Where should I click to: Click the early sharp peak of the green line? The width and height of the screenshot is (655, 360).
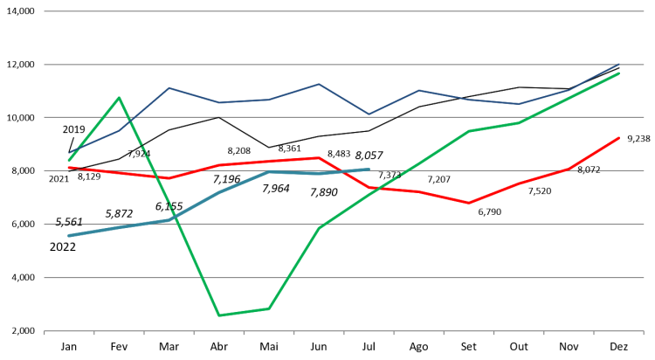click(x=119, y=97)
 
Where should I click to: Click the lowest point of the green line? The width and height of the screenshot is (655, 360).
click(x=218, y=315)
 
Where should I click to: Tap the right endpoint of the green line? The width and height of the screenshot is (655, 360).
click(x=619, y=73)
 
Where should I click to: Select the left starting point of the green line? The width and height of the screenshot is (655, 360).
click(x=69, y=160)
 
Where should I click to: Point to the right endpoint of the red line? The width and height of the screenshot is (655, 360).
click(x=619, y=137)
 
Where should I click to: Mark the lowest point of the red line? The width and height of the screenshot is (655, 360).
click(x=469, y=203)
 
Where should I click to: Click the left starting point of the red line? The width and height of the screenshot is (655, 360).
click(x=69, y=167)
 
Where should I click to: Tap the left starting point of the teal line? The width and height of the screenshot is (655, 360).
click(x=69, y=235)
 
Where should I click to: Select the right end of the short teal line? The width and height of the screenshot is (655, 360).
click(x=369, y=170)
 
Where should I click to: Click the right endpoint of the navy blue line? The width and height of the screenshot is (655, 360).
click(x=619, y=64)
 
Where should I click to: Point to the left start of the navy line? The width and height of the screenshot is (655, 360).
click(x=69, y=154)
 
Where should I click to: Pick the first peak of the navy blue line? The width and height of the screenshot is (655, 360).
click(x=169, y=87)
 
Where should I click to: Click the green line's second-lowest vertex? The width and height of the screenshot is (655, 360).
click(x=268, y=308)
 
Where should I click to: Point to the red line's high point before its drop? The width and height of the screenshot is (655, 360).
click(x=320, y=157)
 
